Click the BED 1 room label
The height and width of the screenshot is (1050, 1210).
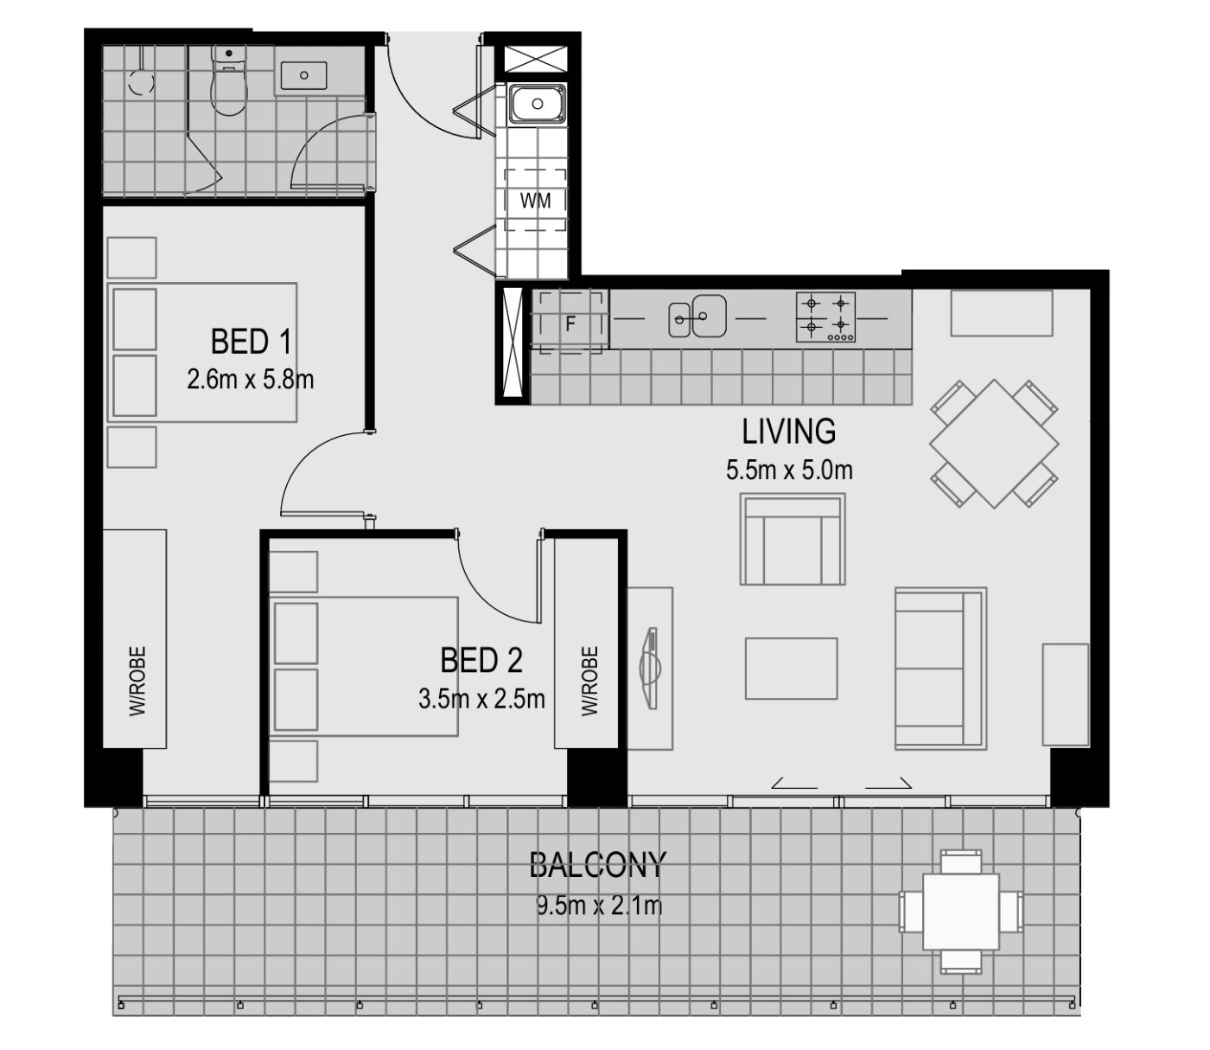point(251,342)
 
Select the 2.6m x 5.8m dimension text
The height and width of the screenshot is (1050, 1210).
point(251,380)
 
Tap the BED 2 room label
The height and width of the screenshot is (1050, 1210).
point(481,660)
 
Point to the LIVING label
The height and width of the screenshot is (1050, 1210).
point(788,432)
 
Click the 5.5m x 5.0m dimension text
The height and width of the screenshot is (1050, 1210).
point(789,470)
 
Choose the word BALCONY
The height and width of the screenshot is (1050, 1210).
point(598,865)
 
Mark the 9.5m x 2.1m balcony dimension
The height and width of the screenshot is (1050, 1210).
point(600,906)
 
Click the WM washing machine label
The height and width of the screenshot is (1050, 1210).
point(536,201)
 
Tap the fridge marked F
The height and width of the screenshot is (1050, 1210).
point(570,323)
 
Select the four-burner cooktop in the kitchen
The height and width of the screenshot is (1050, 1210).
point(825,317)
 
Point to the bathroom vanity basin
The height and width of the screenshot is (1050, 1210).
point(304,75)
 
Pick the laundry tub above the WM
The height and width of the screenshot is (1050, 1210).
point(538,105)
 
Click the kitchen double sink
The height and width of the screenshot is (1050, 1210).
point(697,317)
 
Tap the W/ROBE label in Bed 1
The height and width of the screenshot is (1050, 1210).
point(137,681)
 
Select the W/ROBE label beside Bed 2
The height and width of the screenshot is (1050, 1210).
point(590,681)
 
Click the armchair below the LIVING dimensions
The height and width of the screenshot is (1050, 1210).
point(793,539)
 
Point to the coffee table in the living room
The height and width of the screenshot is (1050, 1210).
point(792,669)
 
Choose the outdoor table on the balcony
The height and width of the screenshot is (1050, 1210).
point(961,912)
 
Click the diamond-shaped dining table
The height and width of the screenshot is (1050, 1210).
point(994,444)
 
